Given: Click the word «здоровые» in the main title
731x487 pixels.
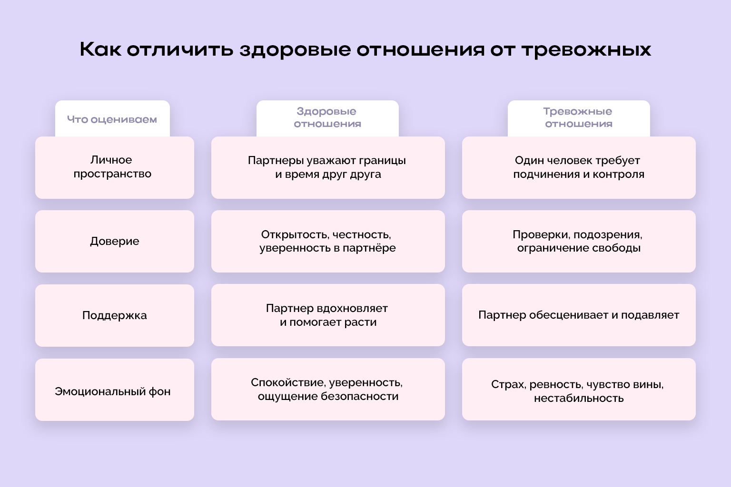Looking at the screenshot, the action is [x=295, y=50].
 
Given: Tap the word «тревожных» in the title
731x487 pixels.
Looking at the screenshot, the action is [x=586, y=50].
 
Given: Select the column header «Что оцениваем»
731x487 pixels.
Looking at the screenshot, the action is [x=112, y=119].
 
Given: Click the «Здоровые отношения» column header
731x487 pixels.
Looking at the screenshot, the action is [x=327, y=117].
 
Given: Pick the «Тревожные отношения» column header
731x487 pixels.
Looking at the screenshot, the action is [x=578, y=117].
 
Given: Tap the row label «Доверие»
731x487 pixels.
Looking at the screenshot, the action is [x=114, y=241].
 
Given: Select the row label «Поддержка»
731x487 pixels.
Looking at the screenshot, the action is [x=114, y=315].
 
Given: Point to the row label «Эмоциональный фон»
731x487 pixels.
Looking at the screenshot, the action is [x=113, y=391].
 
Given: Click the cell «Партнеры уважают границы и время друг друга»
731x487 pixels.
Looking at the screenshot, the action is [x=327, y=167].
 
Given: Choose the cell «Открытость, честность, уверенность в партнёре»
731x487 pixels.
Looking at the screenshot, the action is [x=327, y=241].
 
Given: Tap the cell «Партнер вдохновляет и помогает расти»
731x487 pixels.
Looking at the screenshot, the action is [x=327, y=315].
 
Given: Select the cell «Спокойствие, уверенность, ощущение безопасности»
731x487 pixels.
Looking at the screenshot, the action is [x=327, y=389].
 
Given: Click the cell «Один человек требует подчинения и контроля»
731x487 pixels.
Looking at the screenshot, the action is [x=578, y=167].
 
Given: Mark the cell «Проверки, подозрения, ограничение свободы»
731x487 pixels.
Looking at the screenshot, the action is [x=578, y=241].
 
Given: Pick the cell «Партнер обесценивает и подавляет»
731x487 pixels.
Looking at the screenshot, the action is [x=578, y=315].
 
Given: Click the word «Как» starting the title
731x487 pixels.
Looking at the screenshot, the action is [x=100, y=49].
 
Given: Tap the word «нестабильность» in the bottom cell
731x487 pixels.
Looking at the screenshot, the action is [x=579, y=398].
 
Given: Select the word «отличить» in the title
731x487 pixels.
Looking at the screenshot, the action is [x=179, y=50].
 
